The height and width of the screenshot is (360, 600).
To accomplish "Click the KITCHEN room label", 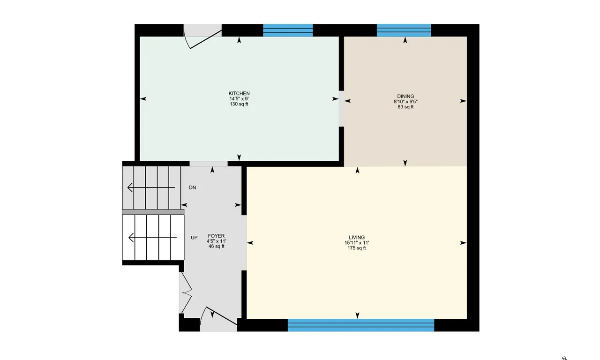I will [x=239, y=94].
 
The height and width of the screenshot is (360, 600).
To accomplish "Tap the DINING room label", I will [x=405, y=97].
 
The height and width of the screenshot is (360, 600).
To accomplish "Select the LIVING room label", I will [x=357, y=237].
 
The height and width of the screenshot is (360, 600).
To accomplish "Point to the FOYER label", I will [x=217, y=236].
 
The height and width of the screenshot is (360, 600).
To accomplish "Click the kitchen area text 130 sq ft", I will [x=239, y=104].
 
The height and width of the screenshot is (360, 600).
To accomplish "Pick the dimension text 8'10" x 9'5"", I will [x=405, y=102].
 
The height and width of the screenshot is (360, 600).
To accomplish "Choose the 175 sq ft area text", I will [x=357, y=248].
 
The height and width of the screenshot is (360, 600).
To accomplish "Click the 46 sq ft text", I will [x=217, y=246].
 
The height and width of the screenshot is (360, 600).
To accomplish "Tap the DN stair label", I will [x=192, y=187].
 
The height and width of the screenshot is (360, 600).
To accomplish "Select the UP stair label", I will [x=194, y=238].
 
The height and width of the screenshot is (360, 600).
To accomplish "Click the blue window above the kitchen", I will [x=288, y=30].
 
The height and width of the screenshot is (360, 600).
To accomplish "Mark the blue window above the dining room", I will [x=404, y=30].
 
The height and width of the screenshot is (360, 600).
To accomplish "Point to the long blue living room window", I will [x=361, y=325].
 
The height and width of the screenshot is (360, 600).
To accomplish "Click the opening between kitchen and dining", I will [x=342, y=108].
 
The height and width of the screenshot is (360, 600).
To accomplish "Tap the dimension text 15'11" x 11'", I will [x=357, y=243].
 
